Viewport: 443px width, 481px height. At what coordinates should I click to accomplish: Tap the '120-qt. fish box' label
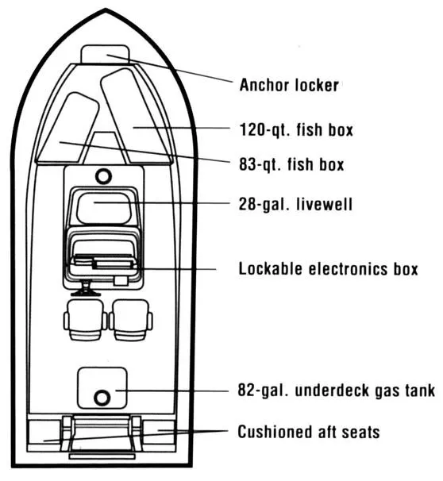point(296,129)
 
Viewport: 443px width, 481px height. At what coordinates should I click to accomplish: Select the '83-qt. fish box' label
point(291,165)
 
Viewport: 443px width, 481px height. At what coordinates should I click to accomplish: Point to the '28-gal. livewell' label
point(295,204)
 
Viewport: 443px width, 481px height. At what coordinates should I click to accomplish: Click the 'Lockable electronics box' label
point(328,269)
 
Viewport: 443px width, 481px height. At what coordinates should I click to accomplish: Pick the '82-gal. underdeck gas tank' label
point(337,391)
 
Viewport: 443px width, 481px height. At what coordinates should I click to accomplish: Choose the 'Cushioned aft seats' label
point(308,432)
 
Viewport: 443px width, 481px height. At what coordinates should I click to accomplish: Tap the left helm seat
point(85,318)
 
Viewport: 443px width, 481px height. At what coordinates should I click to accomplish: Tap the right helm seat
point(131,318)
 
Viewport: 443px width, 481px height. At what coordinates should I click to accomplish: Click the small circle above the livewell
point(102,175)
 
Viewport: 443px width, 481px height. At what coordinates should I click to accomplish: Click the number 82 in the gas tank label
point(248,391)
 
